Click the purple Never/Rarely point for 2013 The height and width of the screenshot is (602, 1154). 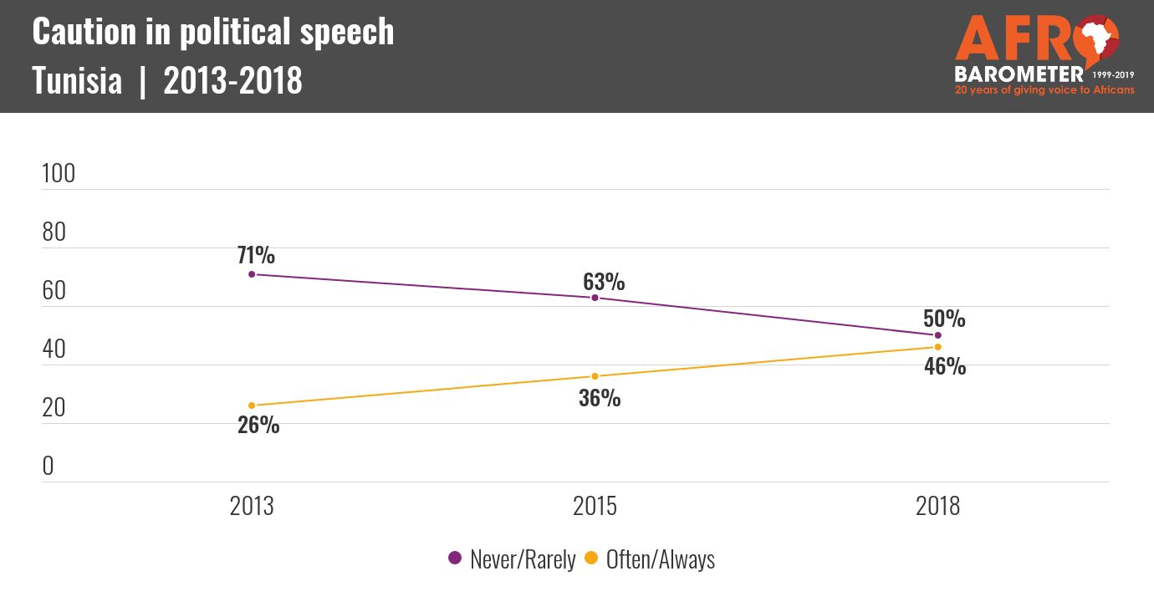coord(252,274)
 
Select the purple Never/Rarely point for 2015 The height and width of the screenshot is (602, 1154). coord(595,298)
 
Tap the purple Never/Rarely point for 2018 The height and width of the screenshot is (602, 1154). coord(938,335)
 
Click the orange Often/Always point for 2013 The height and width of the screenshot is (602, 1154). coord(252,406)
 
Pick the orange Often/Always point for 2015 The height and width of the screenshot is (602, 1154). coord(595,376)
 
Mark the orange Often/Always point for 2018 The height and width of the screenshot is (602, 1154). coord(938,347)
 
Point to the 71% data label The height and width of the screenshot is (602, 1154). coord(254,255)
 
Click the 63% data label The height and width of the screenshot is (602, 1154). coord(604,282)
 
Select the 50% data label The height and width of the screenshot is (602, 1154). coord(944,319)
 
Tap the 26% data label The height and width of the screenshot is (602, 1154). coord(258,425)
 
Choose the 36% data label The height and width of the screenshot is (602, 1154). coord(600,398)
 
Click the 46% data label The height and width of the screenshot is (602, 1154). coord(945,366)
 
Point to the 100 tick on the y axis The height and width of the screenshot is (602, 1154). coord(59,174)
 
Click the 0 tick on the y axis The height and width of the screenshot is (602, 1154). coord(48,466)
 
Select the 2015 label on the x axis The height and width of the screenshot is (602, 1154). coord(595,506)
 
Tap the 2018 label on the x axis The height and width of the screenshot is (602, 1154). coord(938,506)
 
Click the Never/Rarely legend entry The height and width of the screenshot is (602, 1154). coord(512,559)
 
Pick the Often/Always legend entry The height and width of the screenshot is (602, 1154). coord(650,559)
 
